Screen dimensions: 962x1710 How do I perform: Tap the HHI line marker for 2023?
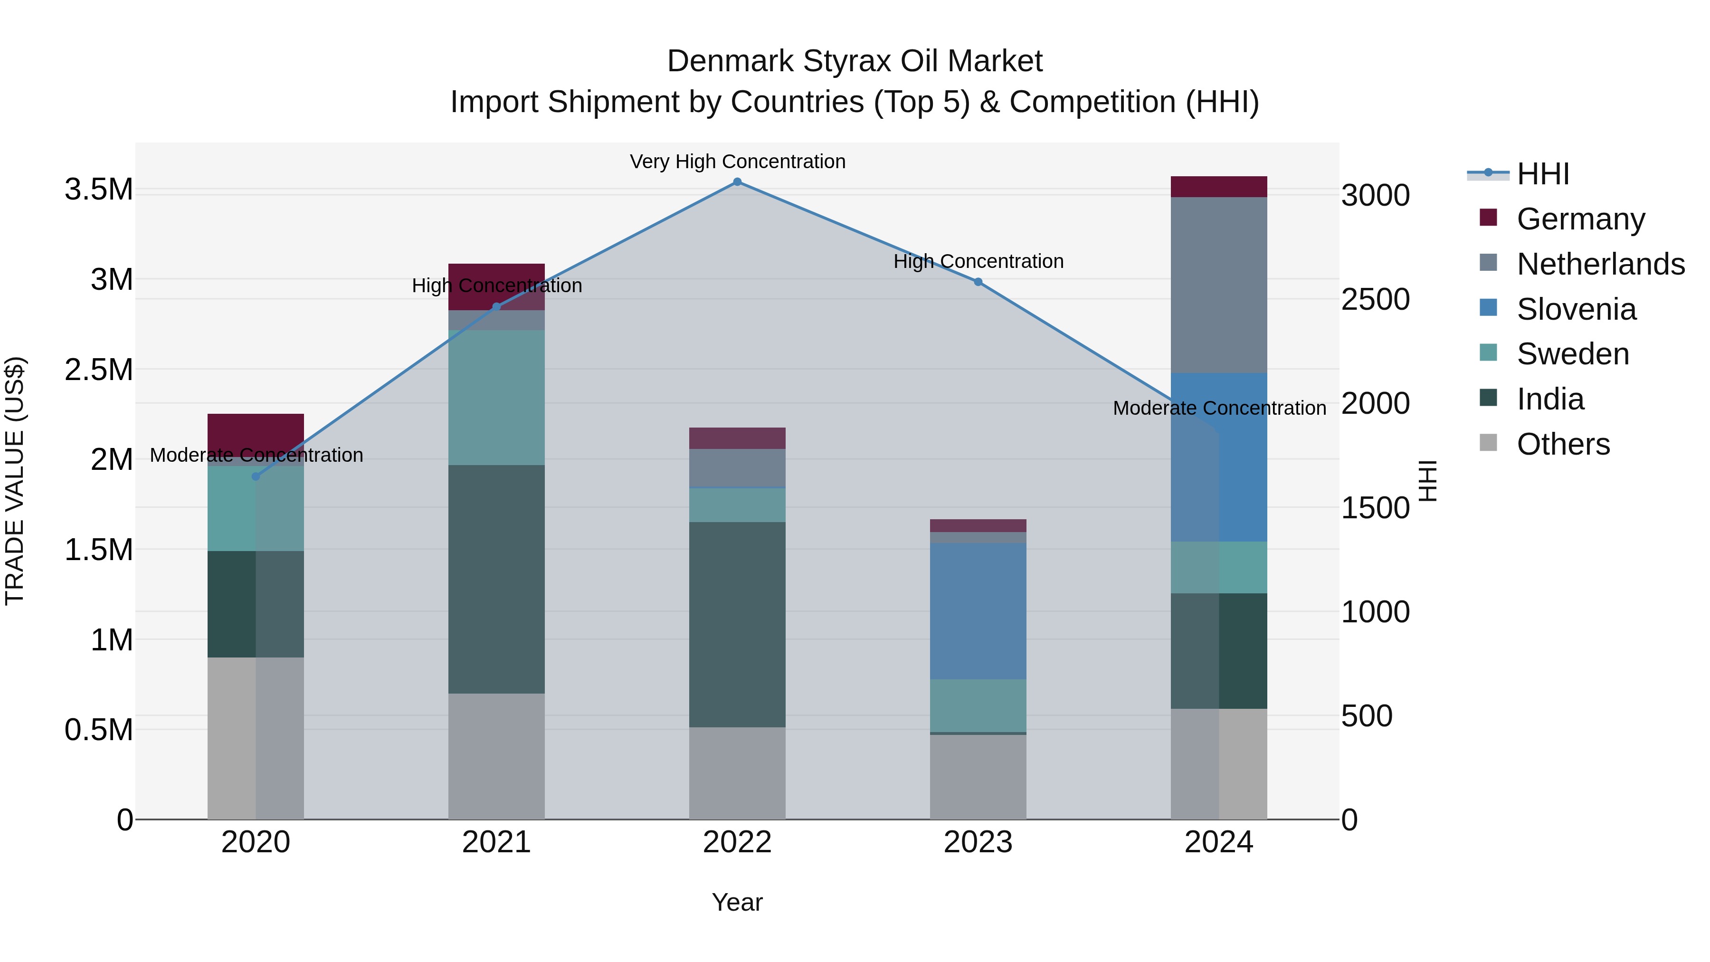click(978, 282)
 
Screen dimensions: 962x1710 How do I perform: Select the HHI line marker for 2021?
click(496, 307)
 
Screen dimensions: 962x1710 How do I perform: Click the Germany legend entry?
click(1580, 219)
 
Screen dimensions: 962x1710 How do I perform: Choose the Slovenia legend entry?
click(1576, 309)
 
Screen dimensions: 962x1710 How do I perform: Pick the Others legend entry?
click(1563, 444)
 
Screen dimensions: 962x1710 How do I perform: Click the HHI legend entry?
click(1543, 174)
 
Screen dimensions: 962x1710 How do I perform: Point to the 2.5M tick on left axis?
click(98, 370)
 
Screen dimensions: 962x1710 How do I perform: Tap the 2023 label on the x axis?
click(978, 842)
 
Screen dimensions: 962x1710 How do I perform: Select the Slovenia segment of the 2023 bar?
click(978, 611)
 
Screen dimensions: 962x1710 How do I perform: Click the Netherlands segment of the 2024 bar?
click(1219, 286)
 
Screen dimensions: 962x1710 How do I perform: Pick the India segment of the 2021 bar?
click(496, 579)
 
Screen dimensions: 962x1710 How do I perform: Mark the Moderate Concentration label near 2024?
click(1219, 408)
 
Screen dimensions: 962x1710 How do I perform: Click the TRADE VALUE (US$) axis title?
click(15, 481)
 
